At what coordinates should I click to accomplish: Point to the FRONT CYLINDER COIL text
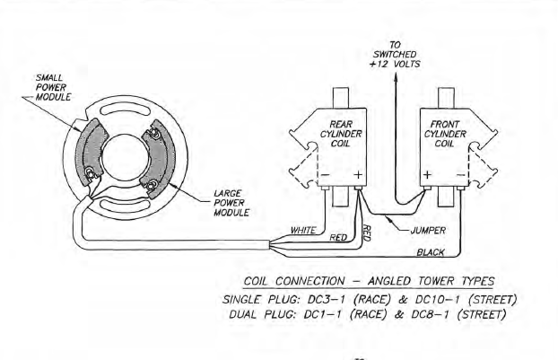pos(446,134)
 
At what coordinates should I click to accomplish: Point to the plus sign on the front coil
pos(428,174)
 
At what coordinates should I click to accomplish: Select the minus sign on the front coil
pos(460,174)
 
